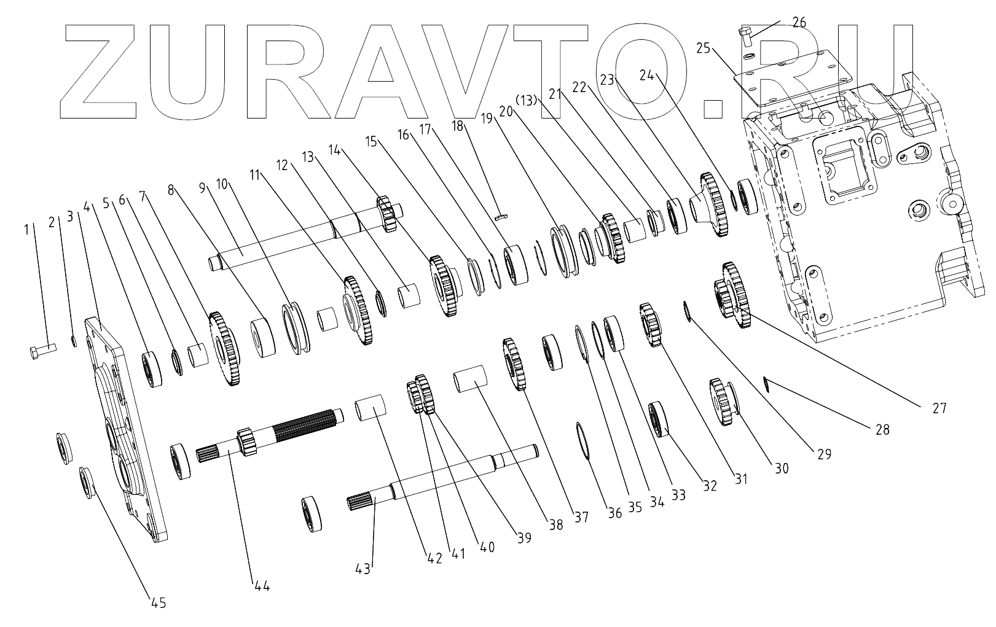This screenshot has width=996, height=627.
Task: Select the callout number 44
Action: [262, 586]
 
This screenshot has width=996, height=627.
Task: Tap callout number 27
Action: [939, 407]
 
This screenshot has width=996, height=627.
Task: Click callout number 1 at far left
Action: [26, 229]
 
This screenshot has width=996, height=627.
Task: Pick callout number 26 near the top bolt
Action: [799, 23]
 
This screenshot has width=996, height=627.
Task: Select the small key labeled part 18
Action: [501, 216]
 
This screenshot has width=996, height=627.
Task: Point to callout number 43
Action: [363, 569]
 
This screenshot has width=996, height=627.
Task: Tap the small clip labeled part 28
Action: [766, 383]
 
